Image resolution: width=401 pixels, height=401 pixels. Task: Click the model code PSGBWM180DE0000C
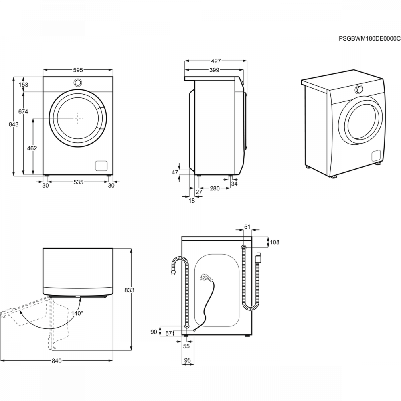point(370,38)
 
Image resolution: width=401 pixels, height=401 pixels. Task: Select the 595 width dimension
point(78,70)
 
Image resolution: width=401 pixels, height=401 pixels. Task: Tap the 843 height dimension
point(14,124)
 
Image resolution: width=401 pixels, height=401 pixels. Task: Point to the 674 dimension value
point(23,111)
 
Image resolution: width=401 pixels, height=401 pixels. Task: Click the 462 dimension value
point(32,148)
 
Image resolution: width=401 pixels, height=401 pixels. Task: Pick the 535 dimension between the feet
point(78,182)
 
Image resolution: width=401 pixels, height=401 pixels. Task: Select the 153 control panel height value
point(23,84)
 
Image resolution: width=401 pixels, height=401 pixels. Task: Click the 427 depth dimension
point(216,61)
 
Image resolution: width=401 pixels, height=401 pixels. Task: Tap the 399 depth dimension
point(214,70)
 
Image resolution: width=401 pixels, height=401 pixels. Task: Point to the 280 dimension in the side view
point(215,188)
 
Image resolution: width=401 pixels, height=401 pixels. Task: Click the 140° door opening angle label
point(77,313)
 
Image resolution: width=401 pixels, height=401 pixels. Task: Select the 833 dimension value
point(129,290)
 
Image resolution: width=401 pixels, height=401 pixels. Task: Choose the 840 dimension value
point(57,361)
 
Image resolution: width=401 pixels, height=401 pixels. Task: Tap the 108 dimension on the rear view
point(275,242)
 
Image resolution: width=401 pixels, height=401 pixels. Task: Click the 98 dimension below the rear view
point(187,360)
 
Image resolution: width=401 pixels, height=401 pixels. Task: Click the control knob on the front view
point(78,82)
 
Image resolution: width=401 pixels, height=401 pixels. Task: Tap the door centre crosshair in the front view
point(78,118)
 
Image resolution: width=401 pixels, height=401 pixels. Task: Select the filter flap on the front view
point(101,166)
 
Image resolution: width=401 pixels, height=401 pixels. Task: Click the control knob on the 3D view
point(359,89)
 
